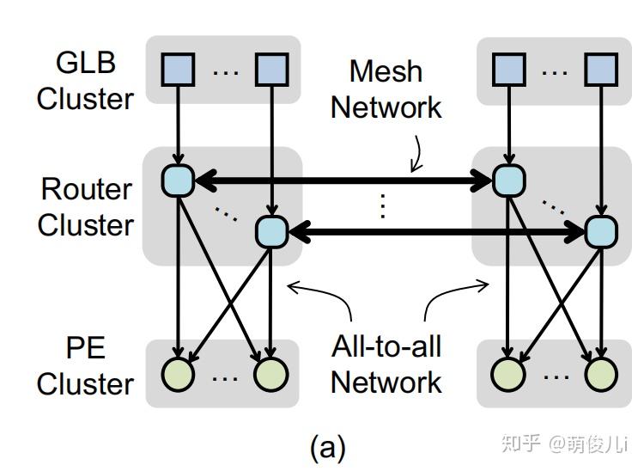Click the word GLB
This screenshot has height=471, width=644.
point(86,63)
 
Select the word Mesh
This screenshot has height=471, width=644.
point(386,70)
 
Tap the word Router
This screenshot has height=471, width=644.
point(86,189)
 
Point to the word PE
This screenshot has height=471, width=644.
point(85,348)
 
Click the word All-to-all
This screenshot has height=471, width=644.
point(386,346)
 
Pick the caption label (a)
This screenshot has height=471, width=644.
point(327,447)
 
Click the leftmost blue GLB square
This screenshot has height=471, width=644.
point(178,70)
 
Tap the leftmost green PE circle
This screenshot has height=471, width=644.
point(179,374)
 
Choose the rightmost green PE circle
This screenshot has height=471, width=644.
point(601,374)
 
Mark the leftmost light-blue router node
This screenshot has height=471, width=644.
point(178,180)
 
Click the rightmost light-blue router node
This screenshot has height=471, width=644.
point(600,230)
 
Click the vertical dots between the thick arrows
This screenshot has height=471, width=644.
point(383,206)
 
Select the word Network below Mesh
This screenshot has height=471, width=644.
point(386,107)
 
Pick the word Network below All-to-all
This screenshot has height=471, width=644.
point(386,382)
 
